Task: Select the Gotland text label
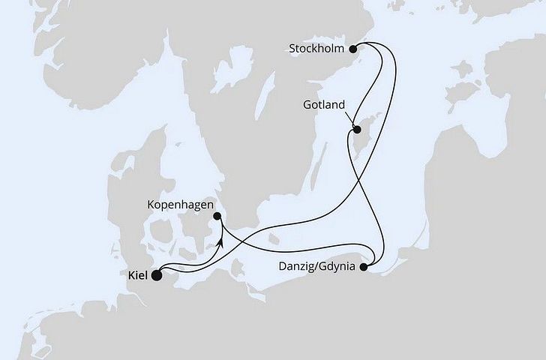point(325,106)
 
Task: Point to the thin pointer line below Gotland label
point(348,121)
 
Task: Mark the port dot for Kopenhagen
point(216,217)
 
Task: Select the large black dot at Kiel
point(157,275)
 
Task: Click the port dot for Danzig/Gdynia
point(364,265)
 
